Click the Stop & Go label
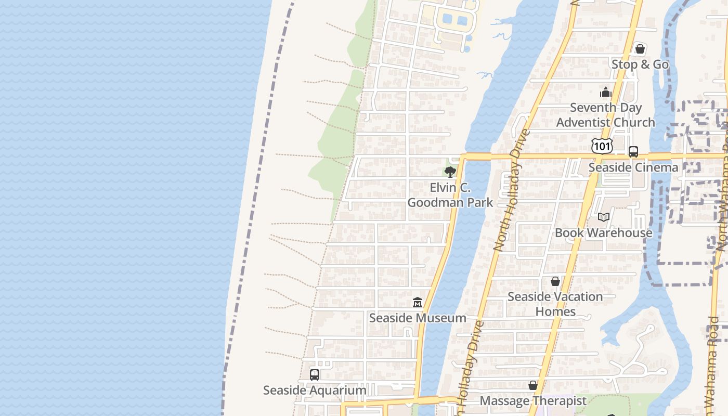[640, 64]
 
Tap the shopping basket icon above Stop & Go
[640, 49]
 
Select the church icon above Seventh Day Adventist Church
[605, 93]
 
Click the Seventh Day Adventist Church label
[606, 115]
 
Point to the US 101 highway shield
[602, 146]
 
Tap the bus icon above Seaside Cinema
[633, 152]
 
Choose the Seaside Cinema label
[633, 167]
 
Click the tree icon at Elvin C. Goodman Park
[450, 172]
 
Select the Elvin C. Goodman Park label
[450, 195]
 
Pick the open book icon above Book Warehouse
[604, 217]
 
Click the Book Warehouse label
[604, 232]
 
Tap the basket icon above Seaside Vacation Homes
[555, 281]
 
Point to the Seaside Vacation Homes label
[555, 304]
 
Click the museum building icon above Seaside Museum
[417, 302]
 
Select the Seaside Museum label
[418, 318]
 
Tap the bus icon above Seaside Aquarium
[315, 374]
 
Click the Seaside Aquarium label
[315, 390]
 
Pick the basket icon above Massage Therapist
[533, 385]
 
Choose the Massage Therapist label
[533, 401]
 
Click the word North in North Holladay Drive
[502, 233]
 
